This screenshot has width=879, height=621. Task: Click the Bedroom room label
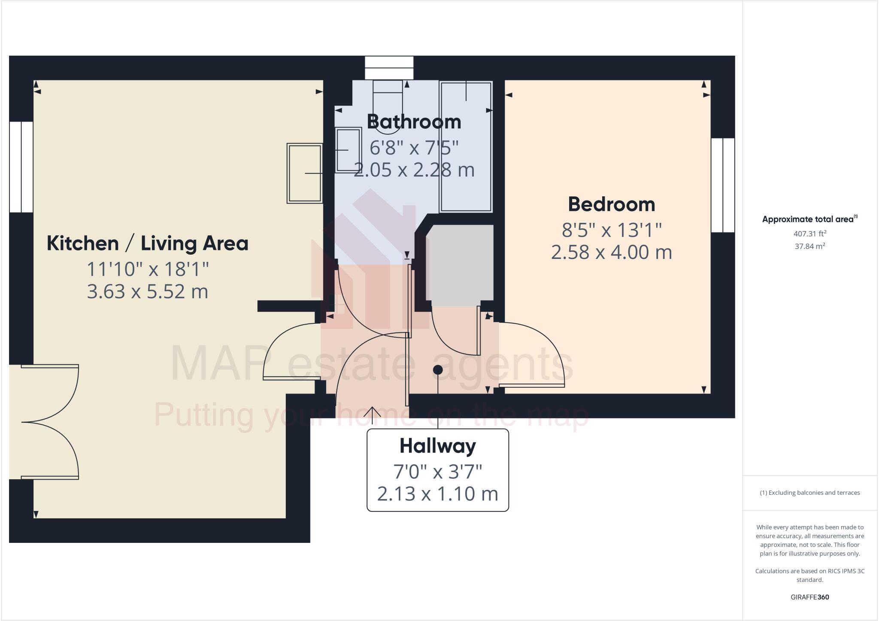click(x=611, y=204)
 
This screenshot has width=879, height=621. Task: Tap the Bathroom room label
click(x=414, y=122)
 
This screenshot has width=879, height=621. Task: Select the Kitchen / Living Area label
click(x=147, y=244)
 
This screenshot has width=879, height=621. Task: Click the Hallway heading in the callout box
click(x=437, y=446)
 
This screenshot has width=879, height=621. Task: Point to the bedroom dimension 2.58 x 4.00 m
click(x=611, y=252)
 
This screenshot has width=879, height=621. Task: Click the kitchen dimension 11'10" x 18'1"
click(x=147, y=269)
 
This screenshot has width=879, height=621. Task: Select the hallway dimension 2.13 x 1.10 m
click(x=437, y=493)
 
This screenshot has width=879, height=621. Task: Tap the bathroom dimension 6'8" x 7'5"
click(x=414, y=148)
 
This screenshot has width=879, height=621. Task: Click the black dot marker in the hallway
click(x=438, y=369)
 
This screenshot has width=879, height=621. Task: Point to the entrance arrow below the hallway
click(x=372, y=412)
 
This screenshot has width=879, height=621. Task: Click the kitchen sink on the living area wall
click(x=305, y=173)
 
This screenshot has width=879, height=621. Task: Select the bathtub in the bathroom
click(x=466, y=146)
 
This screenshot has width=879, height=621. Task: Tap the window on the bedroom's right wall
click(x=723, y=185)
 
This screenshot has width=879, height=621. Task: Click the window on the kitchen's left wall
click(x=21, y=167)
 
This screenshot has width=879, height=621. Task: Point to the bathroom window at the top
click(x=389, y=68)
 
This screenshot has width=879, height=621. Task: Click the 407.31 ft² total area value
click(x=809, y=234)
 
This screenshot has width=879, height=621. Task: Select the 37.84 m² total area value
click(x=809, y=246)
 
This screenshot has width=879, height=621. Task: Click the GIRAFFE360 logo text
click(x=809, y=597)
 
